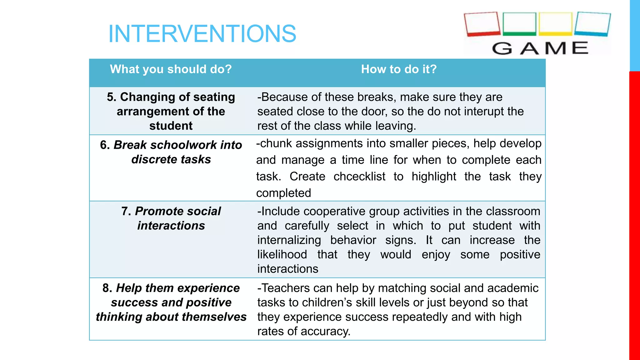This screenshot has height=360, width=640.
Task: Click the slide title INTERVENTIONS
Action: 202,33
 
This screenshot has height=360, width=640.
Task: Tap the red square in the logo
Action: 482,24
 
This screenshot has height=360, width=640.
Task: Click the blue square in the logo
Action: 592,24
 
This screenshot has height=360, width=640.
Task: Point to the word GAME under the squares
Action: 540,48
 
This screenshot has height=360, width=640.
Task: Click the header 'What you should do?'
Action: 171,69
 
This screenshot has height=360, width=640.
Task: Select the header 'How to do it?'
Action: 399,69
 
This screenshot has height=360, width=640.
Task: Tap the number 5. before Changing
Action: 112,97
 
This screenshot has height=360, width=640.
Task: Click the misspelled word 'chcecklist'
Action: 359,177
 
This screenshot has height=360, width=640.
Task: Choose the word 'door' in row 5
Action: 374,112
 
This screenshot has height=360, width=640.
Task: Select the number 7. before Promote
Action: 126,211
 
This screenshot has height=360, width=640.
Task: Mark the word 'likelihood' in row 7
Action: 282,255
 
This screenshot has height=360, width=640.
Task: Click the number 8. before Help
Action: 107,288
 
